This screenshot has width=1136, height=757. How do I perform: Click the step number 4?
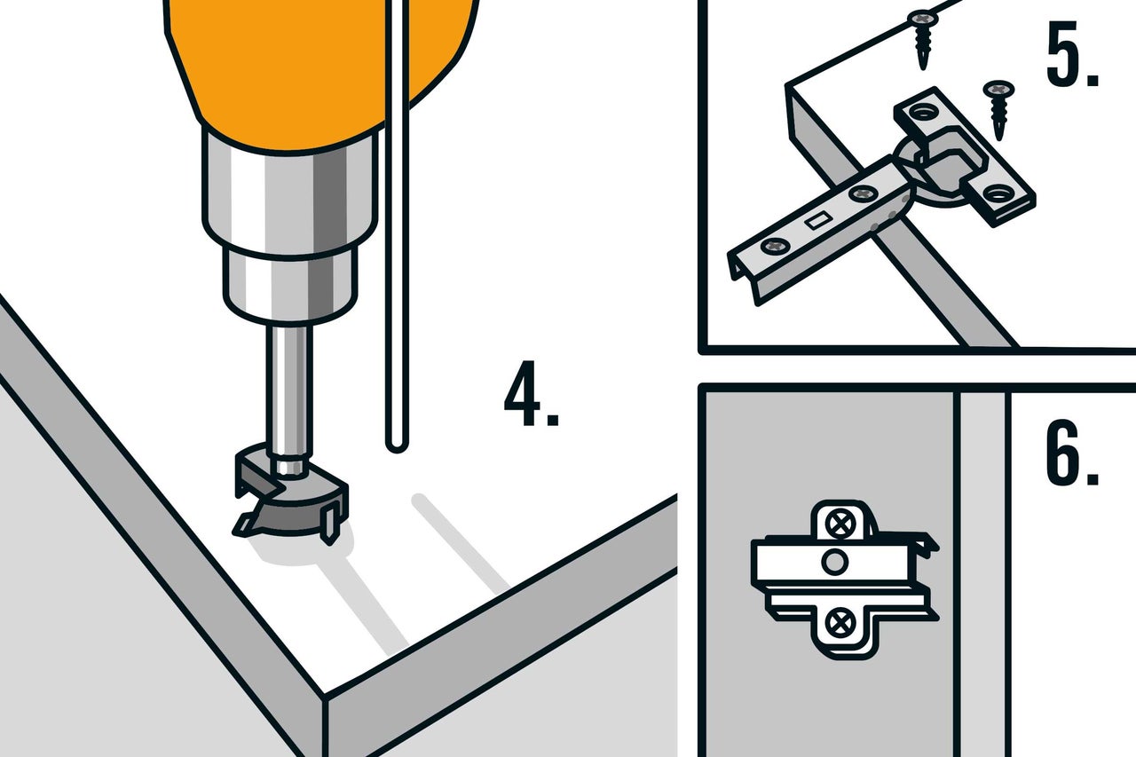click(531, 393)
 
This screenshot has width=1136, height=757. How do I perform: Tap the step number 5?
click(1072, 54)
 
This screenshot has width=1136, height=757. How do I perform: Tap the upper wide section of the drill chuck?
click(290, 193)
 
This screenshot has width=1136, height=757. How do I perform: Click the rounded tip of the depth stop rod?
click(397, 446)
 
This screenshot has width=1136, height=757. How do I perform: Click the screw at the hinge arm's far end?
click(776, 247)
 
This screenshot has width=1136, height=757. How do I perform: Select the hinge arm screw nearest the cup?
click(864, 193)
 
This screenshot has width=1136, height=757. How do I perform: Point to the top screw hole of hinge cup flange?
click(923, 111)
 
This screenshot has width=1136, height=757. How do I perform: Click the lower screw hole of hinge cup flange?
click(998, 193)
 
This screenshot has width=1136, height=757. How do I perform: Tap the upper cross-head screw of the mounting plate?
click(840, 523)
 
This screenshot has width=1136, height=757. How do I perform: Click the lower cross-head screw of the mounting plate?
click(840, 623)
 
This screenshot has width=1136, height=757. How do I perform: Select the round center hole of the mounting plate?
click(834, 563)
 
